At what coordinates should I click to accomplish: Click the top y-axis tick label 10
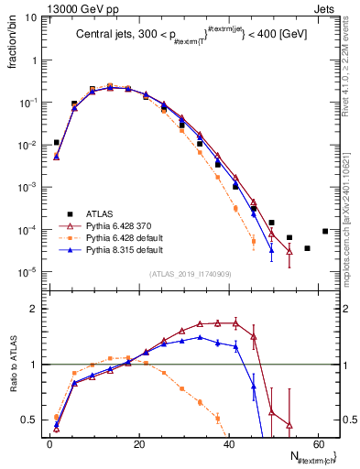click(x=28, y=17)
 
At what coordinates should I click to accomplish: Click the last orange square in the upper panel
click(x=254, y=241)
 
